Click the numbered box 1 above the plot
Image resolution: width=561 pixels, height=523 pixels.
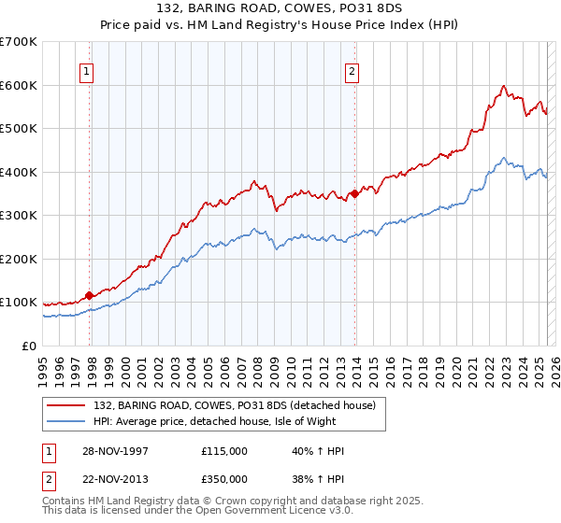(86, 71)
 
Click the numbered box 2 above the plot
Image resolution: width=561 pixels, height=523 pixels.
(352, 71)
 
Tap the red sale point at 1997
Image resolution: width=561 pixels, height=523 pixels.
(90, 295)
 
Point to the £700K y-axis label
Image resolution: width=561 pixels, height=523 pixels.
(19, 42)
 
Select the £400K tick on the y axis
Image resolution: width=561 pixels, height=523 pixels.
(19, 172)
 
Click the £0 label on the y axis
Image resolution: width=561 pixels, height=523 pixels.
(30, 346)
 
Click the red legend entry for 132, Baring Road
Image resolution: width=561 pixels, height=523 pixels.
(234, 405)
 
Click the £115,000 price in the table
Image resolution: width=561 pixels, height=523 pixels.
(223, 451)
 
